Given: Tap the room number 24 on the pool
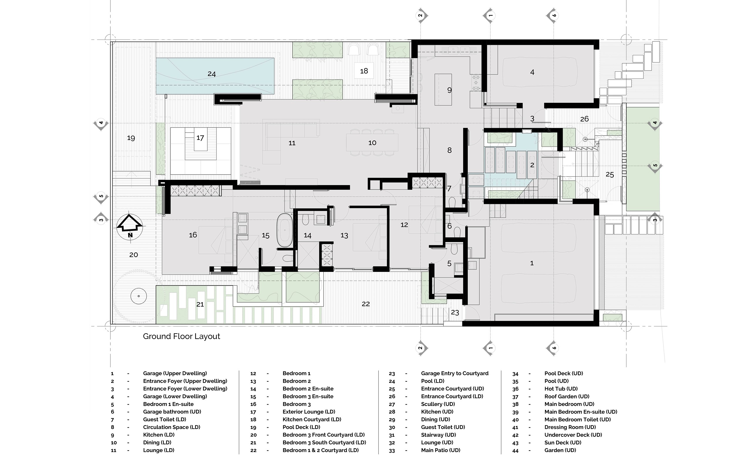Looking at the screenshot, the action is (x=212, y=74).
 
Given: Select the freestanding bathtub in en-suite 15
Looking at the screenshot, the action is (x=285, y=230).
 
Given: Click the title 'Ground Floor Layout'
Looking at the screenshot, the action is (x=181, y=336).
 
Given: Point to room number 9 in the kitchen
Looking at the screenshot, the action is (x=449, y=90).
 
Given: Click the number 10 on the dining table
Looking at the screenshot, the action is (x=372, y=143).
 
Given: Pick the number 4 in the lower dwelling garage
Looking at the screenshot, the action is (x=532, y=72).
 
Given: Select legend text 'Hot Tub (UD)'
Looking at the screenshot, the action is (x=561, y=389).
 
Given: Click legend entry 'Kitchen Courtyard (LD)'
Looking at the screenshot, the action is (x=312, y=419).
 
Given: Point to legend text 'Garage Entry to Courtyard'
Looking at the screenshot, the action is (x=455, y=373).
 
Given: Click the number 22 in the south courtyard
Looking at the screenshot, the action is (x=366, y=304).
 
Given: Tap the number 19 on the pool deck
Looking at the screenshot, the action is (x=131, y=138).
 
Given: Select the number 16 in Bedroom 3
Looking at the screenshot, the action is (x=193, y=235).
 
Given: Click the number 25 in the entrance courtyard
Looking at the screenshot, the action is (x=610, y=175).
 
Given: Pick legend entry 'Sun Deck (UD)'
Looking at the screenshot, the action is (x=563, y=443).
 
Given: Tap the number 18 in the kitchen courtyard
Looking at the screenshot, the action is (x=364, y=71).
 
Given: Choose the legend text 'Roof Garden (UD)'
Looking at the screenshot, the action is (x=567, y=397).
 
